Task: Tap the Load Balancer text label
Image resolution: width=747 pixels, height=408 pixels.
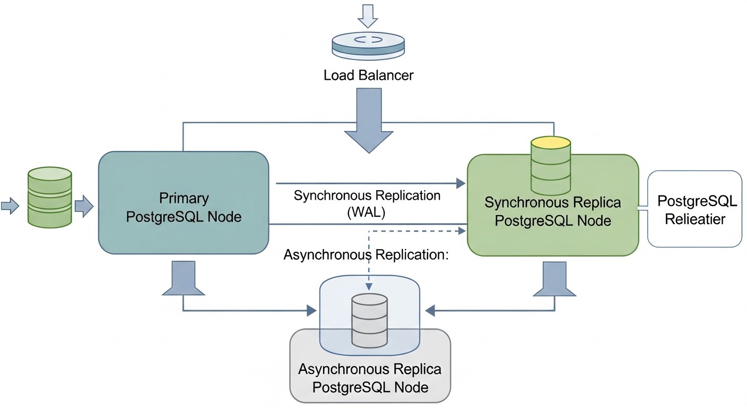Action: point(368,75)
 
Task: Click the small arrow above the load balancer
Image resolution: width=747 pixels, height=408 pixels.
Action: point(368,15)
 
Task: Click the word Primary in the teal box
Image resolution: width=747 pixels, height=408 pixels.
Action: point(184,199)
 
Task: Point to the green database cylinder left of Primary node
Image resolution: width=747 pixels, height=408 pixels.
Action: point(49,198)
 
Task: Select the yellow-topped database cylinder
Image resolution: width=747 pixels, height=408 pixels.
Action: point(551,166)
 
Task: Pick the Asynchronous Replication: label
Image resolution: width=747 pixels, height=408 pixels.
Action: point(367,254)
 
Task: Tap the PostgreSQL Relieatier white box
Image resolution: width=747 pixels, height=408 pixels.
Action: point(695,209)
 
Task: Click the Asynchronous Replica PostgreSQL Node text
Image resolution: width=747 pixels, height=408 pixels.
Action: point(370,378)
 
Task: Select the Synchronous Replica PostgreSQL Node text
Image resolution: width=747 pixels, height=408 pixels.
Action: point(552,211)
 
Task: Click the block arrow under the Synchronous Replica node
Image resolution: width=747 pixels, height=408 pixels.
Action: point(554,279)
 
